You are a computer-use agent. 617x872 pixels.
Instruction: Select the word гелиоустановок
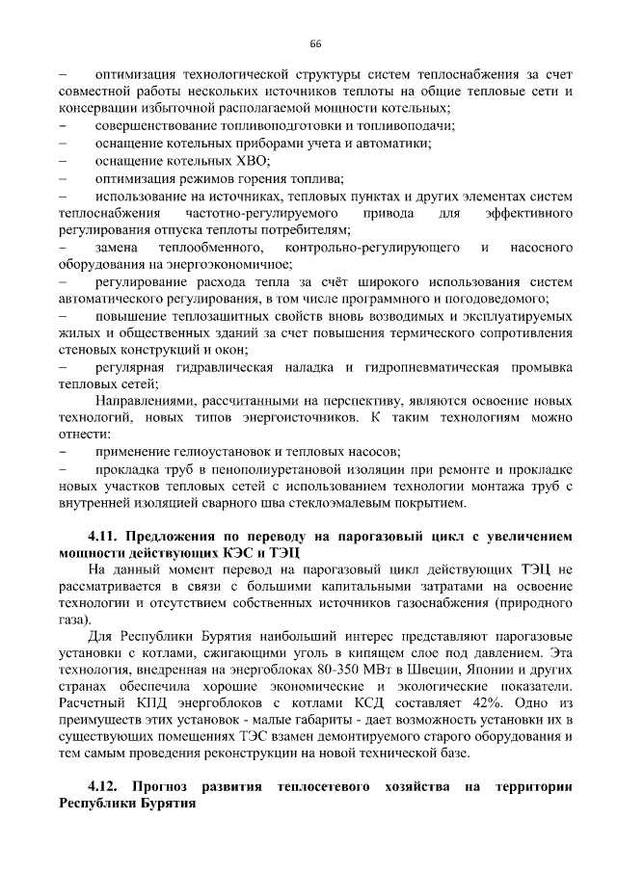219,451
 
